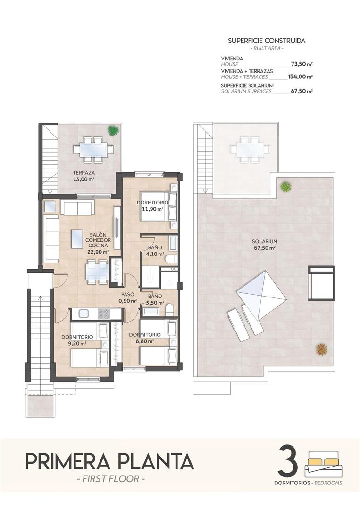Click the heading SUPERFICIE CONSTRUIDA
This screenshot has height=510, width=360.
click(x=267, y=41)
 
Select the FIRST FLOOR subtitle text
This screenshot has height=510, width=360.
click(x=110, y=479)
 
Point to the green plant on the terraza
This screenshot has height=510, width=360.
click(x=113, y=129)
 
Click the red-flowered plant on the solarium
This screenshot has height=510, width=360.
click(x=322, y=349)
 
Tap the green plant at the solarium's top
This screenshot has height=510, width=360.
click(x=285, y=187)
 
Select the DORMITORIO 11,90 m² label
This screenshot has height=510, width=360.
click(x=150, y=205)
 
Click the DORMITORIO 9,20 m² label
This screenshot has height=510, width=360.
click(x=77, y=340)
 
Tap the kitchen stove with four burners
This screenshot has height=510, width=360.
click(x=103, y=313)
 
